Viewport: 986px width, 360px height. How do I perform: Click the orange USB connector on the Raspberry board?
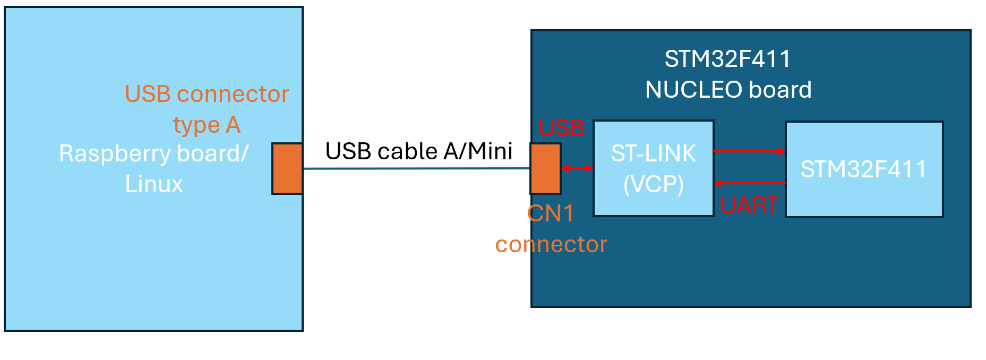tap(287, 168)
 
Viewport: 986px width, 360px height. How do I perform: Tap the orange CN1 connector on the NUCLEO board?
tap(545, 168)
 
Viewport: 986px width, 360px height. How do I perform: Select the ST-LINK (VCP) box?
tap(653, 168)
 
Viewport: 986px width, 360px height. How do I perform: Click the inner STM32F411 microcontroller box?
tap(864, 169)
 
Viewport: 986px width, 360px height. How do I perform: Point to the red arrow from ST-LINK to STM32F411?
tap(749, 151)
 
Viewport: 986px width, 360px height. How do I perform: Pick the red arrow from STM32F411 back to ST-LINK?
tap(749, 183)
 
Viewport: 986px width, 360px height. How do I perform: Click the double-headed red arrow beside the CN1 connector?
tap(577, 168)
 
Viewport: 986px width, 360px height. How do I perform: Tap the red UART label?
tap(749, 205)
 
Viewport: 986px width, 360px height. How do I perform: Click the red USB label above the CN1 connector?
tap(561, 128)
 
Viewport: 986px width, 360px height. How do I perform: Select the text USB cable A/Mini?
tap(418, 151)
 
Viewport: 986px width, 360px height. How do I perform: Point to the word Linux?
tap(154, 184)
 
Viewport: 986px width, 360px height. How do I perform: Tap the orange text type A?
tap(207, 125)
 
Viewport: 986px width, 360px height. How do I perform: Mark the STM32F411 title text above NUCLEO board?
tap(727, 59)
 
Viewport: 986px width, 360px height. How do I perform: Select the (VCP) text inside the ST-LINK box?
tap(653, 184)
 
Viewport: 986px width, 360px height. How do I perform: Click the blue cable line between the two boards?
tap(417, 169)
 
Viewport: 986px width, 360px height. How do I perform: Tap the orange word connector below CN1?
tap(551, 244)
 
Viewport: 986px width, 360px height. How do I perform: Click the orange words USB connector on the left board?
tap(207, 94)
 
